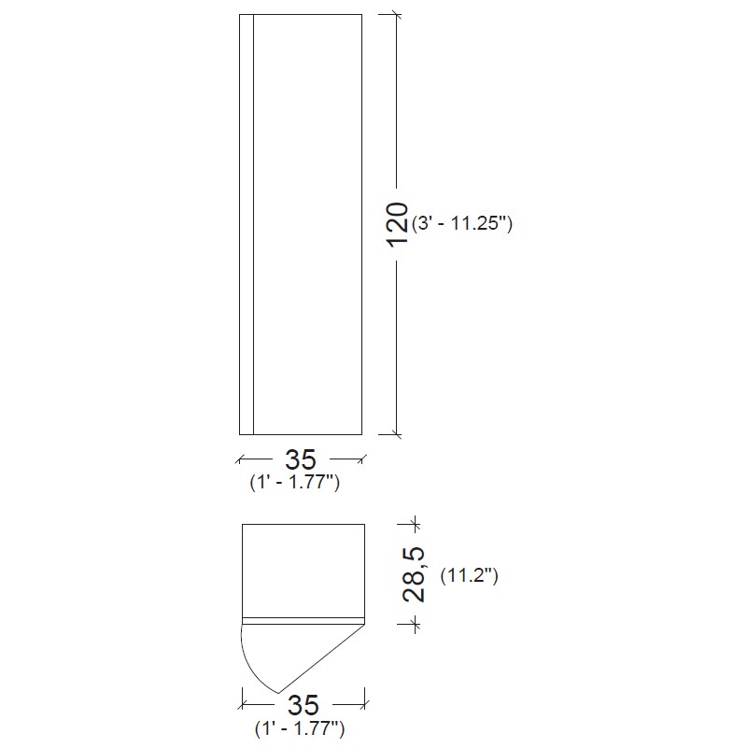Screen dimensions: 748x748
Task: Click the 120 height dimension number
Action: coord(397,224)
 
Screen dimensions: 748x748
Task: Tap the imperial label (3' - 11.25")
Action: coord(462,223)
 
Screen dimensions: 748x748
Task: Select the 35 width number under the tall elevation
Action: coord(301,459)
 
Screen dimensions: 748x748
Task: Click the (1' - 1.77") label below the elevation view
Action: coord(295,482)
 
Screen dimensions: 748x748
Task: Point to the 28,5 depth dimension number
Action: coord(414,574)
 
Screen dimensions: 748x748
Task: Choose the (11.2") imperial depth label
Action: coord(470,576)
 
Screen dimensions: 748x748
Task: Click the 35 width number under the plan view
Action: coord(303,706)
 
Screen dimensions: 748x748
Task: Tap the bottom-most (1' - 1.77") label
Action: coord(300,728)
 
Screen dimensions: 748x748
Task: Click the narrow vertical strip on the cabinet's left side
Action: coord(247,224)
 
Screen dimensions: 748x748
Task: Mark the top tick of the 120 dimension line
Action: coord(397,15)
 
